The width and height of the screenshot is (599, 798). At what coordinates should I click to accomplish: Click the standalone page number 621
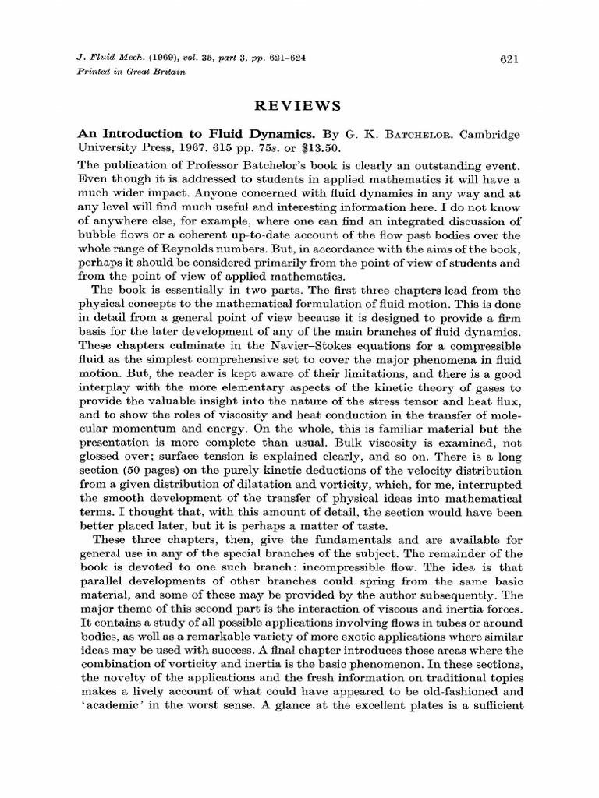coord(508,59)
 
